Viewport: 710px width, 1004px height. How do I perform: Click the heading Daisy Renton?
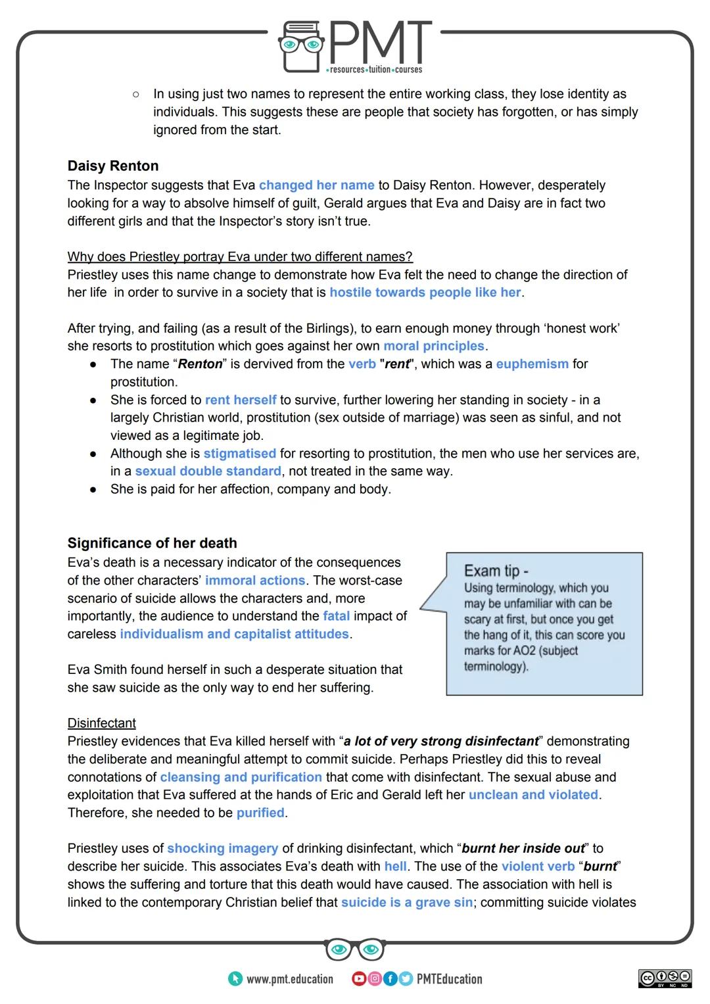click(112, 166)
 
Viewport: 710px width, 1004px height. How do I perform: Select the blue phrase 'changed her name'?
click(316, 185)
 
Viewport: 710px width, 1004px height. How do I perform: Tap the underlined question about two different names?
click(240, 256)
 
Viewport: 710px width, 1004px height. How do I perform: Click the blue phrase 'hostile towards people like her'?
click(425, 293)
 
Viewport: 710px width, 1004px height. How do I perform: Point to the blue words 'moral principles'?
click(433, 346)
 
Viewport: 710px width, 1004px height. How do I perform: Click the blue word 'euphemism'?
click(532, 364)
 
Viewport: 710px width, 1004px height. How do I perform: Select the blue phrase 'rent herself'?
click(241, 400)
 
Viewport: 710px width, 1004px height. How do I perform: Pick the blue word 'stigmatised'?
click(239, 454)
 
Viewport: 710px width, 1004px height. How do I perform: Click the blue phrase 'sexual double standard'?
click(208, 471)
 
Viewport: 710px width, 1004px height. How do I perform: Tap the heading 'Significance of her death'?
click(152, 543)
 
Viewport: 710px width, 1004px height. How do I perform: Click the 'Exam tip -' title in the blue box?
click(496, 571)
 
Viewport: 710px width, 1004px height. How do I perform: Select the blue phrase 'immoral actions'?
click(255, 581)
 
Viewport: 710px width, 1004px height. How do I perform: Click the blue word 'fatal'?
click(336, 616)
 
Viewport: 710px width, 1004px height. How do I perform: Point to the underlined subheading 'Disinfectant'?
click(101, 723)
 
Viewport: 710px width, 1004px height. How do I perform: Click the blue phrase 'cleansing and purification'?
click(241, 777)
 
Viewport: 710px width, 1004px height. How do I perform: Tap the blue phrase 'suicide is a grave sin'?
click(406, 903)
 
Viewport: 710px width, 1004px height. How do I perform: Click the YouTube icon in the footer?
click(358, 979)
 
